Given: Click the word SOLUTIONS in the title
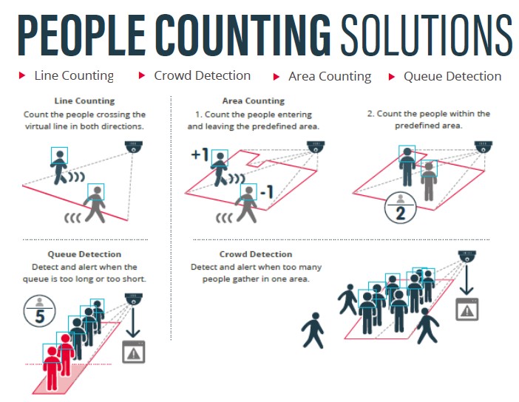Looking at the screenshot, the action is tap(427, 35).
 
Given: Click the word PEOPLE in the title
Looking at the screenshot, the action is tap(81, 35).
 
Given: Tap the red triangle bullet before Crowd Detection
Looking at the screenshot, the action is tap(142, 75).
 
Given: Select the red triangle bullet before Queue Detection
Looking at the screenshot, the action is tap(392, 77).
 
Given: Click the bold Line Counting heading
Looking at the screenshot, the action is tap(85, 100).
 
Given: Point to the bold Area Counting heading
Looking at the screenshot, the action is tap(253, 100).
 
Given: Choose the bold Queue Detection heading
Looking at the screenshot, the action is tap(84, 254).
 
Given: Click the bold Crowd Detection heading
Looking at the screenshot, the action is tap(256, 254).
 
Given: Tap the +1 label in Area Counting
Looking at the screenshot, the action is tap(200, 154).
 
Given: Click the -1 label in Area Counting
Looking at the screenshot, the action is tap(267, 191).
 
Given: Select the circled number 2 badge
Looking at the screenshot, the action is tap(400, 208).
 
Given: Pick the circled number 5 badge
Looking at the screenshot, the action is tap(39, 311).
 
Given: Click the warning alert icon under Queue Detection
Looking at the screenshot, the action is tap(134, 352).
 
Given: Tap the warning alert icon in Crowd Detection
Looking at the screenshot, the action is tap(467, 309).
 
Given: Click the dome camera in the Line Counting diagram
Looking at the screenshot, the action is tap(134, 147).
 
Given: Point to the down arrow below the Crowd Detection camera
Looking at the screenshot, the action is tap(467, 279).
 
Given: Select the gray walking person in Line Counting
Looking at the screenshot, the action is tap(95, 204).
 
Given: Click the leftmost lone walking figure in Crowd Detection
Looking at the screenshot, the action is tap(313, 330).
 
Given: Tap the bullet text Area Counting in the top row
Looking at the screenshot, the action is tap(330, 76).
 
